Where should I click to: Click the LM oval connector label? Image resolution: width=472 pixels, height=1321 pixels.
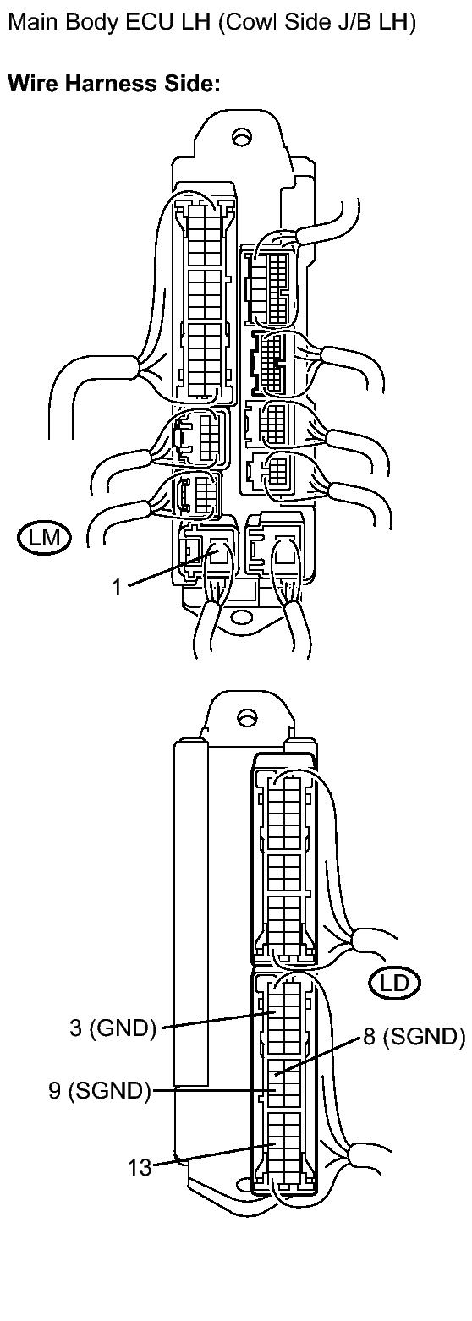point(44,537)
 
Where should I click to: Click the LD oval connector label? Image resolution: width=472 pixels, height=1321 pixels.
point(394,983)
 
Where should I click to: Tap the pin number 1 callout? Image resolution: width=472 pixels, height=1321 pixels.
point(117,587)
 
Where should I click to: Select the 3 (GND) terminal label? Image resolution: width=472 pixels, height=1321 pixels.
point(113,1028)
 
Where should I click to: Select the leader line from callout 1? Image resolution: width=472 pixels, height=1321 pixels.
point(171,568)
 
